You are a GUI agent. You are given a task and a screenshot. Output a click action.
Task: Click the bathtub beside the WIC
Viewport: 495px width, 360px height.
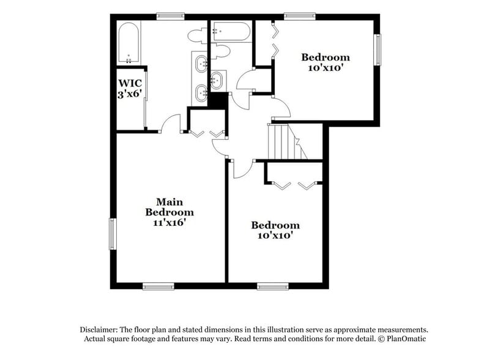coord(129,43)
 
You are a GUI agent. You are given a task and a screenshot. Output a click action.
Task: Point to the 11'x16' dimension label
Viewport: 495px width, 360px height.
coord(169,223)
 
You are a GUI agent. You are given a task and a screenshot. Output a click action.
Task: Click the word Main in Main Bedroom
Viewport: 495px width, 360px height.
coord(169,201)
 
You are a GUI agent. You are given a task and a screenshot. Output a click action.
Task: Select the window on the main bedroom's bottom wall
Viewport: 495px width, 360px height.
coord(158,285)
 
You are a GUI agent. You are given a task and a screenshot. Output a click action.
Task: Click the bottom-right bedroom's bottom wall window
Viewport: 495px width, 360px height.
coord(273,285)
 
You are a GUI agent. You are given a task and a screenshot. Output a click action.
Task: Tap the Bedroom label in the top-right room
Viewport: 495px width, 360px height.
coord(326,58)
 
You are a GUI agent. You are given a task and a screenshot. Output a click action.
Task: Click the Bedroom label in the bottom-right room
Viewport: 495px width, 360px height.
coord(275,225)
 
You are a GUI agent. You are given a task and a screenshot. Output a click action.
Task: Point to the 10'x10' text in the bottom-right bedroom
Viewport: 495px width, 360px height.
coord(275,235)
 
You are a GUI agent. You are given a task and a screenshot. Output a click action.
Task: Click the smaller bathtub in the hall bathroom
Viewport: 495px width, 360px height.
coord(230,30)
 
